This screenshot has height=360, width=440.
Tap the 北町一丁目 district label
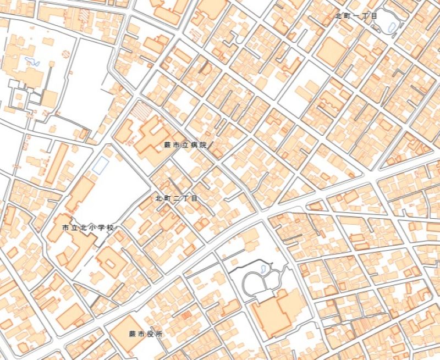[x=356, y=16]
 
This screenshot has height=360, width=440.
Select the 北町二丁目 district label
[x=176, y=198]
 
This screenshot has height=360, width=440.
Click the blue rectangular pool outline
[x=101, y=165]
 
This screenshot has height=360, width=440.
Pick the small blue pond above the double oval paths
[x=263, y=269]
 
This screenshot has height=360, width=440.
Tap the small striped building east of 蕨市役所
[x=186, y=315]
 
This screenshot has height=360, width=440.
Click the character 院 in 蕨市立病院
[x=202, y=145]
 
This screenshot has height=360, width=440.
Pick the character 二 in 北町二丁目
[x=176, y=198]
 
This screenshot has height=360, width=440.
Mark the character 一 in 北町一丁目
[x=356, y=16]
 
